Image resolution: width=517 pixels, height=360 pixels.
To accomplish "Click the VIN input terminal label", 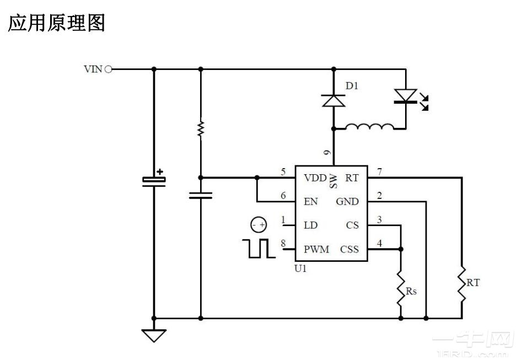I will [x=93, y=69].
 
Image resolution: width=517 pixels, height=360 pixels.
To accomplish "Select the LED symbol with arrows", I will [x=406, y=96].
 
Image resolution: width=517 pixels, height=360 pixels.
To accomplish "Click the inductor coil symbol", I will [x=369, y=128].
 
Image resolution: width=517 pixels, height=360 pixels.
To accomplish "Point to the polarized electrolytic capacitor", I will [x=154, y=180].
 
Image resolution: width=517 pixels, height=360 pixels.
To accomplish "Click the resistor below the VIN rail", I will [x=201, y=129].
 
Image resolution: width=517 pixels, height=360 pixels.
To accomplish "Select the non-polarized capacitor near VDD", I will [x=201, y=195].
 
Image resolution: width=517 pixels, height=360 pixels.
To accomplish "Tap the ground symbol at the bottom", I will [x=154, y=334].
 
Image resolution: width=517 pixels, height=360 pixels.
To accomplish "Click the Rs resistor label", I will [x=411, y=292].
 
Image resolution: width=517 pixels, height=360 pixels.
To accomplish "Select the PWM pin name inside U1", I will [x=316, y=249].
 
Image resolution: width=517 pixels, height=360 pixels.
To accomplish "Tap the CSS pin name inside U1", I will [x=349, y=249].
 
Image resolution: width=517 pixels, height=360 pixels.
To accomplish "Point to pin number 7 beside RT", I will [x=379, y=171].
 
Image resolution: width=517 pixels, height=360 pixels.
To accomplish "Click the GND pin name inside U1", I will [x=347, y=202].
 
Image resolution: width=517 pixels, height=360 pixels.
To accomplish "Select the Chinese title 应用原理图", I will [x=56, y=23].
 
